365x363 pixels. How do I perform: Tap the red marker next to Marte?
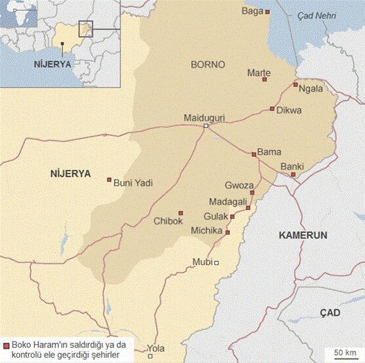[x=265, y=80]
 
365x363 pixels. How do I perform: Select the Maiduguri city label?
[x=204, y=118]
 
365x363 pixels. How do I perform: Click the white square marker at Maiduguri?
[x=206, y=126]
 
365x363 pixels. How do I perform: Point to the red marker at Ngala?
[x=295, y=84]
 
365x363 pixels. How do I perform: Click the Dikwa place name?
[x=289, y=110]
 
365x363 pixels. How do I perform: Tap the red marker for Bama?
[x=254, y=154]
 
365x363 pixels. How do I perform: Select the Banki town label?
[x=291, y=166]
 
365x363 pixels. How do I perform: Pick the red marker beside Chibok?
[x=181, y=212]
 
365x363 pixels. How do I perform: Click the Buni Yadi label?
[x=133, y=183]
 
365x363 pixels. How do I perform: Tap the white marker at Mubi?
[x=217, y=263]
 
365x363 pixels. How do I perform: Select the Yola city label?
[x=156, y=347]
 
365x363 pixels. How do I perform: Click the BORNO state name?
[x=207, y=65]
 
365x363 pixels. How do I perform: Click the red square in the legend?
[x=6, y=345]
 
